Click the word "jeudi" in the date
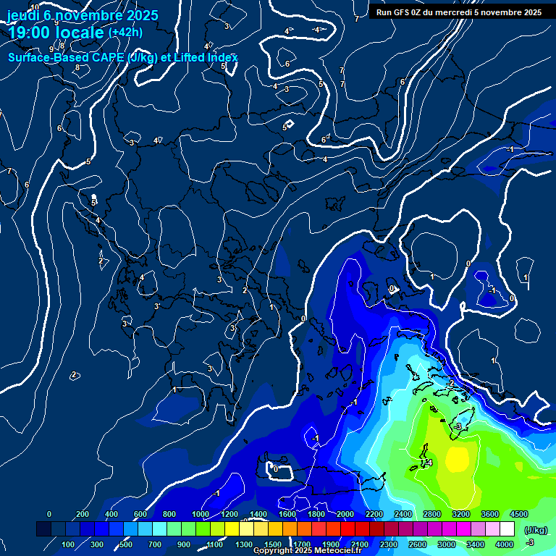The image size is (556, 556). tap(23, 15)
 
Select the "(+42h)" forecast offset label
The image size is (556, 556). tap(125, 32)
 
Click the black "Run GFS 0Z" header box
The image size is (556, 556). tap(459, 12)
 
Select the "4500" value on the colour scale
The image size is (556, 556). tap(518, 514)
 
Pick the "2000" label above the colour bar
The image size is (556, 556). tap(345, 514)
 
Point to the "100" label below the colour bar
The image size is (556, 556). tap(69, 544)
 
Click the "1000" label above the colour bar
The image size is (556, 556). tap(200, 514)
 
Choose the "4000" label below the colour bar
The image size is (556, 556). tap(505, 544)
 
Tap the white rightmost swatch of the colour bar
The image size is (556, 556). tap(507, 529)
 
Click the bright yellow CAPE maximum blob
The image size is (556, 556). tap(458, 458)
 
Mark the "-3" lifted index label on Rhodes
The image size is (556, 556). tap(458, 427)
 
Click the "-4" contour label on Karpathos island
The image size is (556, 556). tap(429, 463)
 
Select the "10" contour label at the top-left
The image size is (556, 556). tap(35, 7)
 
